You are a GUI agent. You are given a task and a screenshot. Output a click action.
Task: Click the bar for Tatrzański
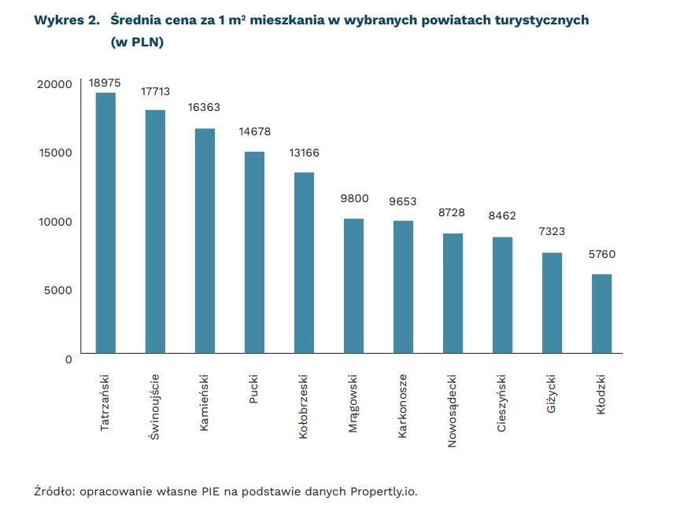pos(105,223)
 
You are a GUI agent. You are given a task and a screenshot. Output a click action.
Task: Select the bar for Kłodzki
pos(601,314)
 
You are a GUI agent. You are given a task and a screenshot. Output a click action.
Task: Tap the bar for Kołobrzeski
pos(304,263)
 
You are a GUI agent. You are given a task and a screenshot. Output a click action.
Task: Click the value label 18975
pos(105,82)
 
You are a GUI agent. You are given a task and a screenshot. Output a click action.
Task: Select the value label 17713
pos(155,92)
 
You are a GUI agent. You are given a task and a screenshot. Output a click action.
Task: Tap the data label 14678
pos(254,132)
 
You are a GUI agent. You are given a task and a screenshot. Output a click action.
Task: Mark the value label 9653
pos(403,201)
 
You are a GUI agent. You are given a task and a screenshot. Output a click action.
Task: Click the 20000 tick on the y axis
pos(55,84)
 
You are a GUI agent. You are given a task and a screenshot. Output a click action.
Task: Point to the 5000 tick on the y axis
pos(58,290)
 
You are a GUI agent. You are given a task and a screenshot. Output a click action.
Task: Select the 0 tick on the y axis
pos(68,359)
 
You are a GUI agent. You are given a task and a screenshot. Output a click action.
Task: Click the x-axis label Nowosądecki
pos(453,410)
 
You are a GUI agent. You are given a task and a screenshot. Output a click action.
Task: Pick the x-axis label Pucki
pos(253,388)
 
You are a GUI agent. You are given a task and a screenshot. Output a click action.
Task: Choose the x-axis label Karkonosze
pos(403,406)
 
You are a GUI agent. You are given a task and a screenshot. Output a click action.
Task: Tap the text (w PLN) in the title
pos(137,43)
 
